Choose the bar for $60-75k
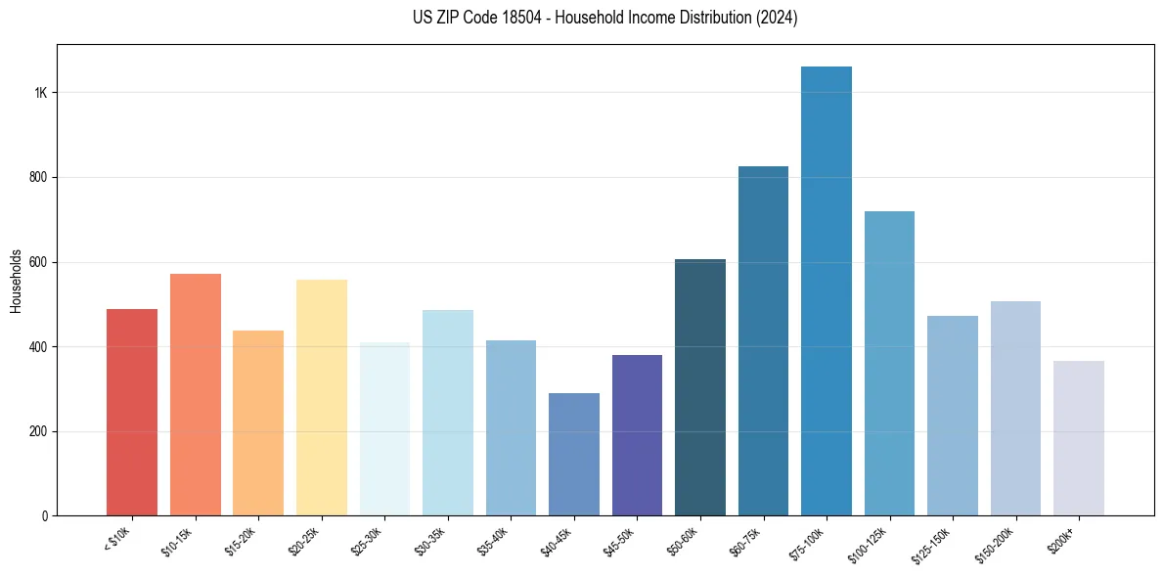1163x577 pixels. click(x=763, y=341)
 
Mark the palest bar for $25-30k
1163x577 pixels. click(x=384, y=429)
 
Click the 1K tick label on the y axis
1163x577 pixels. click(x=41, y=93)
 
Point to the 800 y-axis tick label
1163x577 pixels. click(x=38, y=178)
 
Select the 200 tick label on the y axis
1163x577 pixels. click(x=38, y=432)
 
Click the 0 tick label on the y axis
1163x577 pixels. click(x=44, y=516)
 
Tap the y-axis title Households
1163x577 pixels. click(x=16, y=281)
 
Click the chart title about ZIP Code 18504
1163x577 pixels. click(x=604, y=19)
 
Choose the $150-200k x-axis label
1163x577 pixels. click(x=999, y=541)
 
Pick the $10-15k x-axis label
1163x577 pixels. click(x=179, y=540)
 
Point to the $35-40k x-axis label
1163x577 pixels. click(x=495, y=540)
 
